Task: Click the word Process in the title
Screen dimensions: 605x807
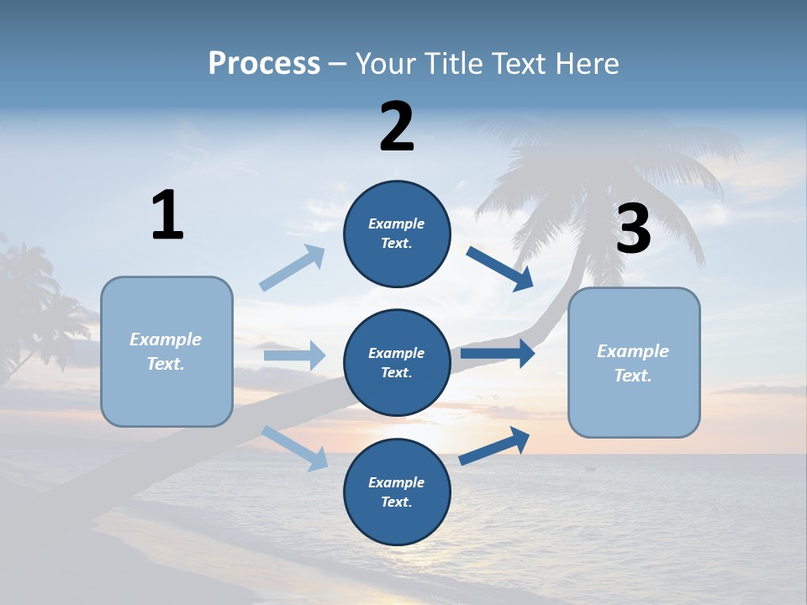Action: tap(264, 64)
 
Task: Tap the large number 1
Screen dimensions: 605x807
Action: tap(167, 216)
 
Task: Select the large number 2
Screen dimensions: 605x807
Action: tap(397, 127)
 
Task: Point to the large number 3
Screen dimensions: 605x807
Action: tap(633, 229)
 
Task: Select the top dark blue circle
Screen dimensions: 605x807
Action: tap(397, 234)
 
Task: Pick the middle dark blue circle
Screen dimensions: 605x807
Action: tap(397, 362)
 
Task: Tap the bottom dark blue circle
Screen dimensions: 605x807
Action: tap(397, 492)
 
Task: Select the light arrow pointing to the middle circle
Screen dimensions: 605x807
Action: tap(295, 355)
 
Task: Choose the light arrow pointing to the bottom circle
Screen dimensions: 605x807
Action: tap(295, 448)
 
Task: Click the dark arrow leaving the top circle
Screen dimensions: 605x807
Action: tap(500, 269)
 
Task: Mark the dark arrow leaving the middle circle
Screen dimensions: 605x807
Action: tap(498, 354)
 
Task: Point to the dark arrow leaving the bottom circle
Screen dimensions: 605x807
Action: tap(495, 445)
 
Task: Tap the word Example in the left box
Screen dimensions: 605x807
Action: tap(166, 339)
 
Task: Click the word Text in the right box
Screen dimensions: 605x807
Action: tap(632, 376)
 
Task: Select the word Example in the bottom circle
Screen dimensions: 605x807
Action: tap(396, 482)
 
